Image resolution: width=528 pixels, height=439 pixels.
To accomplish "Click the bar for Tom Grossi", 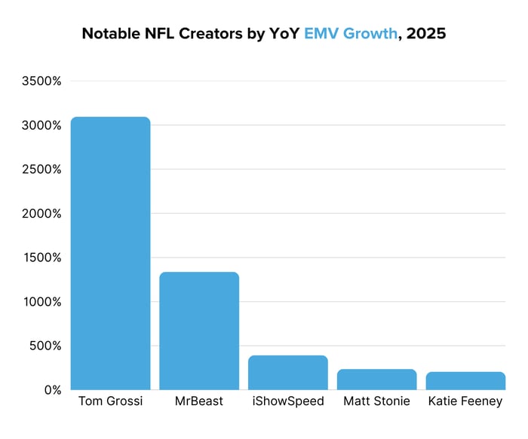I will tap(110, 253).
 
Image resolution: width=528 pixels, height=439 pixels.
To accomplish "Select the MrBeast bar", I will tap(199, 331).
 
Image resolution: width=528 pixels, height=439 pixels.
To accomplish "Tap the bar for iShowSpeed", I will tap(288, 372).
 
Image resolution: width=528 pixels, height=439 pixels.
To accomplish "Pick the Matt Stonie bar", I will tap(376, 379).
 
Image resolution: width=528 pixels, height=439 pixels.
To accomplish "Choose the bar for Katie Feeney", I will tap(465, 380).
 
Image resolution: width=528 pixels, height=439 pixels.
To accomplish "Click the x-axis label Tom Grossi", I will tap(110, 401).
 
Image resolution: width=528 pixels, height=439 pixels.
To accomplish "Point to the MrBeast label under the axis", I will tap(199, 401).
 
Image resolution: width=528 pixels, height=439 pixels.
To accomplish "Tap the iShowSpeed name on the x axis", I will tap(288, 401).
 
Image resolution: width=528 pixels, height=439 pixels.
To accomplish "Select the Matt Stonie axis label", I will tap(376, 401).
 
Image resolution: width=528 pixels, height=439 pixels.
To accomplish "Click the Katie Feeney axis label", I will tap(465, 401).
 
